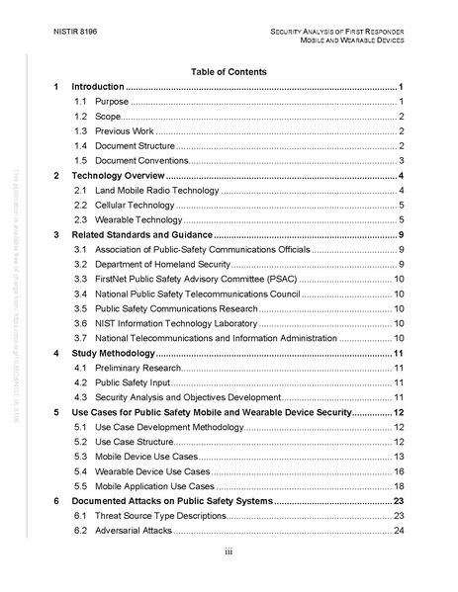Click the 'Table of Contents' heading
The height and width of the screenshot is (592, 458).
point(229,72)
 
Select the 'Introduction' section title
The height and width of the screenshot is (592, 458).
point(99,88)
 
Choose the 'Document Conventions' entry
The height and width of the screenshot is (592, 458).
point(140,160)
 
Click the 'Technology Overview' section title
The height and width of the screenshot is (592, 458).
point(118,176)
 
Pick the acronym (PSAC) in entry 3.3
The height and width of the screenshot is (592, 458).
point(288,280)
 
